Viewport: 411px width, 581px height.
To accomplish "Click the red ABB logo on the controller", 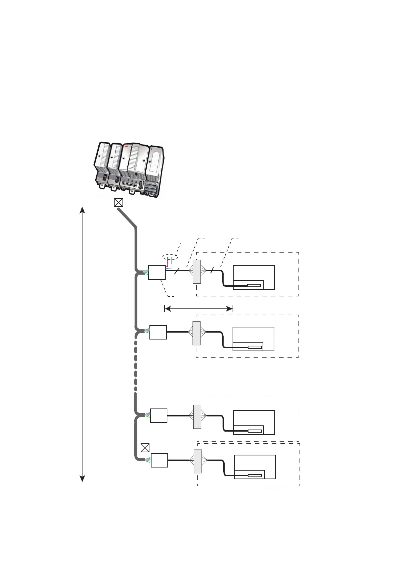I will [x=126, y=146].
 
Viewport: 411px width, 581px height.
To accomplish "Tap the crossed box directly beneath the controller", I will [x=118, y=203].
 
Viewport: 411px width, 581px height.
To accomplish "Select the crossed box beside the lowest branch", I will [x=145, y=448].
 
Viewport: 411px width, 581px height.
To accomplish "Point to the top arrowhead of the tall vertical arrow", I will [x=82, y=209].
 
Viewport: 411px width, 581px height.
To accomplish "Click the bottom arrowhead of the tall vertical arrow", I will [x=82, y=479].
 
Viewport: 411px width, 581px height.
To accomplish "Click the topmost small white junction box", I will [x=157, y=272].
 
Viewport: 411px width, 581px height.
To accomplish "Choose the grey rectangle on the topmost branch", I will [x=197, y=272].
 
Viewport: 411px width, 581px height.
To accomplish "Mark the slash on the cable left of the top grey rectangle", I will [x=177, y=271].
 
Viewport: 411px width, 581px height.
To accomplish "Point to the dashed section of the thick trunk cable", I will [x=136, y=366].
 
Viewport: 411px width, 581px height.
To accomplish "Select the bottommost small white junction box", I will [x=159, y=460].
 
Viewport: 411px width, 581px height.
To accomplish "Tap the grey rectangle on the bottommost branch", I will [x=198, y=461].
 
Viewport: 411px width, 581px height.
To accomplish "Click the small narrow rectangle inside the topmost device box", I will [x=254, y=285].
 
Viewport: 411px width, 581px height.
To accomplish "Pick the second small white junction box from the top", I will [x=158, y=332].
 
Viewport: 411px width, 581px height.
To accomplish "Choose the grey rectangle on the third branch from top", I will [x=197, y=416].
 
